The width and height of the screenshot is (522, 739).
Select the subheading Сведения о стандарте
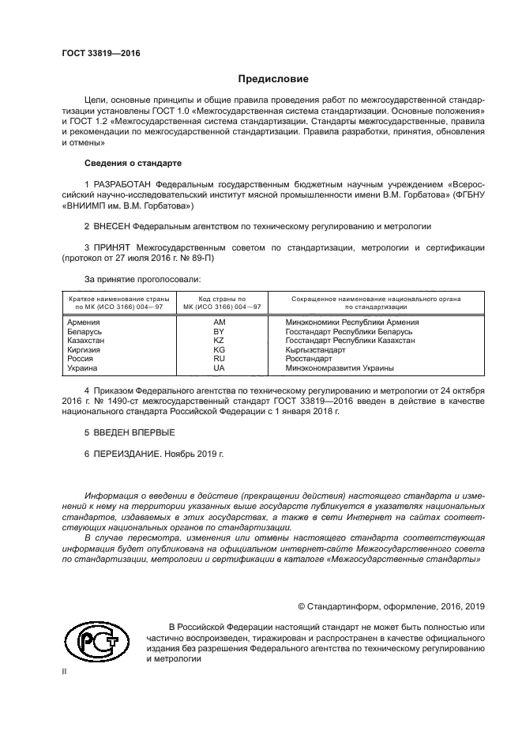(133, 163)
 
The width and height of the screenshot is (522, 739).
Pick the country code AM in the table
(220, 322)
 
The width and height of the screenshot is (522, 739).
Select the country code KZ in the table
(220, 340)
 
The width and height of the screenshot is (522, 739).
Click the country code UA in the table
(220, 368)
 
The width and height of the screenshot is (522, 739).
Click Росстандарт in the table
(310, 358)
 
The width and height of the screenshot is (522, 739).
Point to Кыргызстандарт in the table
(316, 349)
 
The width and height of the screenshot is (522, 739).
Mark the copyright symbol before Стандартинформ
(302, 606)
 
